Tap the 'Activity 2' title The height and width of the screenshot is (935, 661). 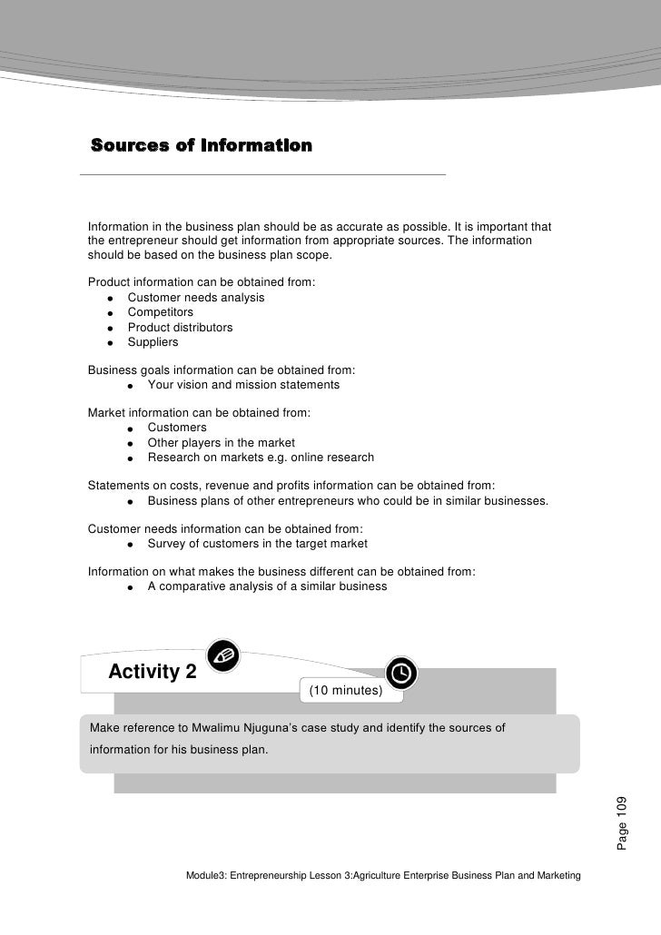pyautogui.click(x=153, y=673)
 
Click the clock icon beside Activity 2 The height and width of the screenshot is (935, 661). pyautogui.click(x=402, y=672)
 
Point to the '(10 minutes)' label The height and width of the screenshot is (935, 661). pyautogui.click(x=345, y=692)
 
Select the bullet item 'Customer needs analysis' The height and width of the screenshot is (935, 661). pyautogui.click(x=196, y=298)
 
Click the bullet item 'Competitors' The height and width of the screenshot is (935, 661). pyautogui.click(x=160, y=312)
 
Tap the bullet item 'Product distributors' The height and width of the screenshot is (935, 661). pyautogui.click(x=180, y=328)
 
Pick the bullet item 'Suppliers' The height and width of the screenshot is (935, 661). pyautogui.click(x=153, y=343)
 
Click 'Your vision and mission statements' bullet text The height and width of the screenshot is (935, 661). pyautogui.click(x=243, y=385)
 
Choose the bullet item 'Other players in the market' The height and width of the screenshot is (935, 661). pyautogui.click(x=221, y=443)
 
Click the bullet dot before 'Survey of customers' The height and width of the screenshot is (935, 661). pyautogui.click(x=131, y=545)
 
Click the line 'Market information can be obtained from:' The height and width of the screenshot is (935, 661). pyautogui.click(x=199, y=413)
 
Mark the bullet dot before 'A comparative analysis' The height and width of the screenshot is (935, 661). pyautogui.click(x=131, y=587)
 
